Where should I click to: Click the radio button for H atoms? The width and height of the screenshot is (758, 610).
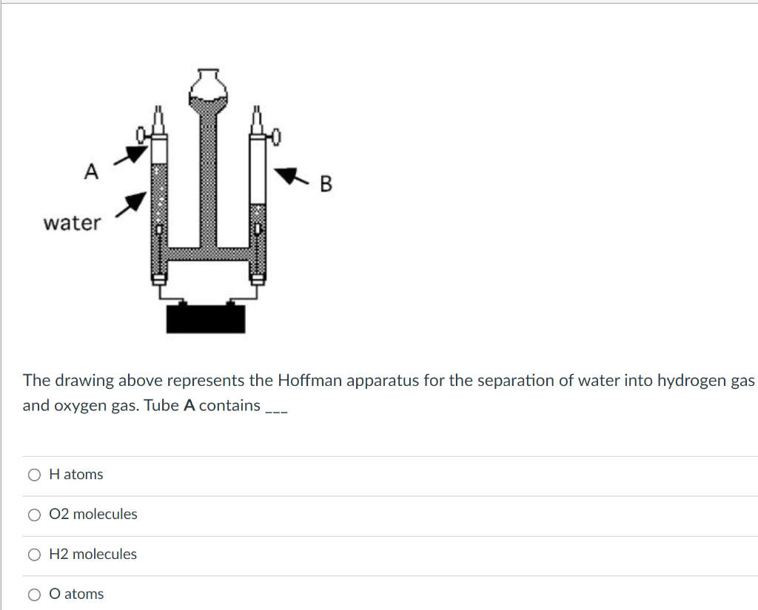coord(34,475)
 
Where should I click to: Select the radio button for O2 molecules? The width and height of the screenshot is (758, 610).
coord(34,515)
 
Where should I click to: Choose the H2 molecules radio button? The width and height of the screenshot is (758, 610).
coord(34,555)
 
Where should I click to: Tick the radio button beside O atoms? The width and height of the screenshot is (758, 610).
coord(34,594)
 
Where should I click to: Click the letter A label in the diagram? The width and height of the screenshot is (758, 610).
coord(90,172)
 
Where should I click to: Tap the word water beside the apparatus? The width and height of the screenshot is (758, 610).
coord(72,223)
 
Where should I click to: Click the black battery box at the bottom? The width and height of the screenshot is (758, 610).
coord(205,318)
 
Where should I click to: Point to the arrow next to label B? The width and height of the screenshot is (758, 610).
coord(290,176)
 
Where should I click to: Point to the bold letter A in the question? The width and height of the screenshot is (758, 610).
coord(188,405)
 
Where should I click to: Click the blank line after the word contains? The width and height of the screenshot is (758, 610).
coord(276,408)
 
